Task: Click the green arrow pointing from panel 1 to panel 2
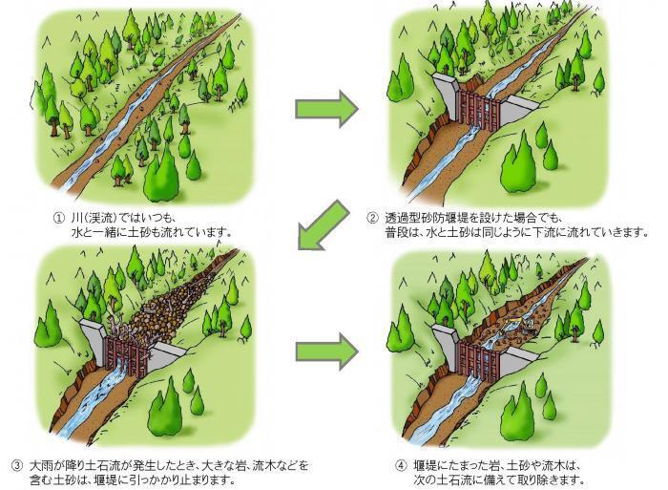pyautogui.click(x=325, y=111)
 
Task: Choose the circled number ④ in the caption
pyautogui.click(x=400, y=465)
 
